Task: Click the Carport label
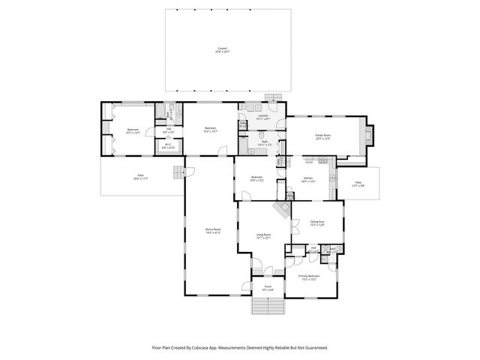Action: (221, 49)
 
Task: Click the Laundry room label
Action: (263, 117)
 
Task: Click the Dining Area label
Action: (317, 223)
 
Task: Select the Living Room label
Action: (263, 236)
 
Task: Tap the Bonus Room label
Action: (213, 231)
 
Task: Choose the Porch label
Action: (268, 288)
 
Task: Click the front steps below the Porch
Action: (268, 307)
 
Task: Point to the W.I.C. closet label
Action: (169, 146)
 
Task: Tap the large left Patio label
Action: (139, 178)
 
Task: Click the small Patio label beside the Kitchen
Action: (358, 184)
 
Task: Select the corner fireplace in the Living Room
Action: (283, 209)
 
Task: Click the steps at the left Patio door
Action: (178, 174)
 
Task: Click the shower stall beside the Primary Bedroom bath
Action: (332, 252)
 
